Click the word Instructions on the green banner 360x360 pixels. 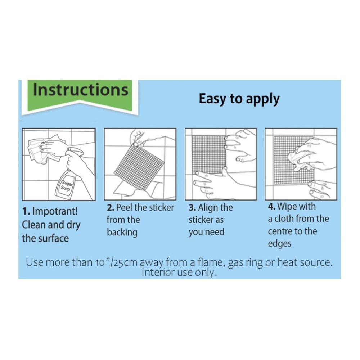(x=81, y=90)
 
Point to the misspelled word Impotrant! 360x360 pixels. (x=55, y=211)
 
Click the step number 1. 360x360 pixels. (x=26, y=211)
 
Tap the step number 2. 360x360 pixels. (x=111, y=208)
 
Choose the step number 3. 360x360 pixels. (x=192, y=208)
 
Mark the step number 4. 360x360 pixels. (x=271, y=206)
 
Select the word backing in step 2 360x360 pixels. (x=122, y=233)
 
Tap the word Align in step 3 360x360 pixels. (x=208, y=208)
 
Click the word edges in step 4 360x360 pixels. (x=280, y=244)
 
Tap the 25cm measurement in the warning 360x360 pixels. (x=125, y=262)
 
